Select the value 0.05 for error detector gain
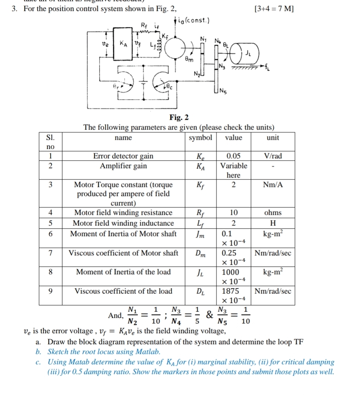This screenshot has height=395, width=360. tap(234, 156)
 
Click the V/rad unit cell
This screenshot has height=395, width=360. tap(273, 156)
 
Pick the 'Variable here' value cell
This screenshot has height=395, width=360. tap(234, 170)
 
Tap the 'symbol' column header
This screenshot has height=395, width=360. tap(200, 138)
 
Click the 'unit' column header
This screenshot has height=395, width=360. tap(273, 138)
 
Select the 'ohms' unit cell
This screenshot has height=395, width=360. tap(273, 213)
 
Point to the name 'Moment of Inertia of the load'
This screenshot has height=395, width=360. tap(123, 272)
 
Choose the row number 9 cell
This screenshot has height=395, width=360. tap(51, 291)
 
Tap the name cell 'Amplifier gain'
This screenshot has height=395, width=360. tap(123, 166)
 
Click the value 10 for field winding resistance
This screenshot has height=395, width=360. tap(234, 213)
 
